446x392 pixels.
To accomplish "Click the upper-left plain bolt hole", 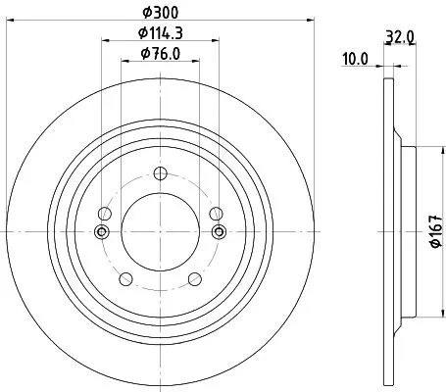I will pos(103,213).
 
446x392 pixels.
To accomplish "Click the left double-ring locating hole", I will pos(101,232).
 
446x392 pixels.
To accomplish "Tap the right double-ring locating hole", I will pos(219,232).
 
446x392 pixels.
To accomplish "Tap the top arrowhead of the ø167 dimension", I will pos(419,148).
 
